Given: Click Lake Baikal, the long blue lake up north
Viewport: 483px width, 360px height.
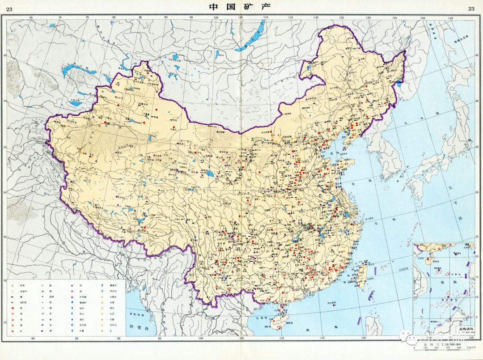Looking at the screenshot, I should [x=250, y=38].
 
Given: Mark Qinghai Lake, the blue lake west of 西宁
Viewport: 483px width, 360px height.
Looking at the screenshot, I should [x=209, y=172].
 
